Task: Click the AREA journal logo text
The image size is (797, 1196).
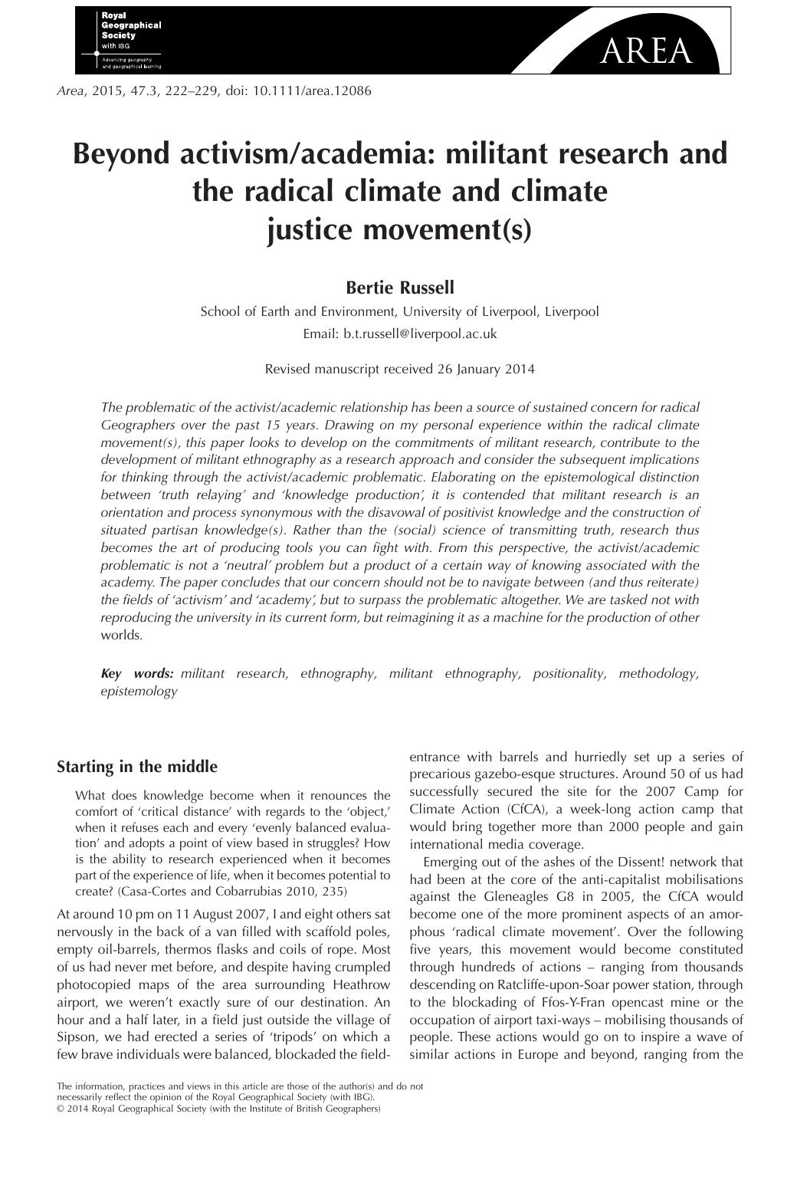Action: point(647,51)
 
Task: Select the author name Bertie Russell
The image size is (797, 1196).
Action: point(399,287)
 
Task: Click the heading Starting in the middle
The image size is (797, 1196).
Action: point(137,767)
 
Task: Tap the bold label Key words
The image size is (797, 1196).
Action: point(137,673)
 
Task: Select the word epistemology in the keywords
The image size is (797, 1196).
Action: point(139,691)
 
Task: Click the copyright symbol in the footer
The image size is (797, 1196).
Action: point(61,1108)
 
